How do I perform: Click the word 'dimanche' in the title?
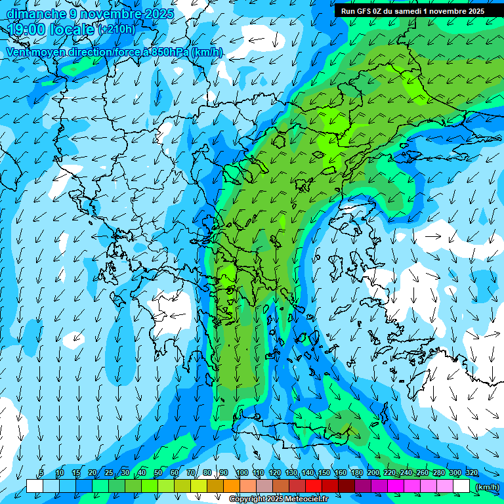pyautogui.click(x=35, y=14)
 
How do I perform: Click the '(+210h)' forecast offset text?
pyautogui.click(x=117, y=30)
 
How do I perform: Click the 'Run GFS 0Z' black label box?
pyautogui.click(x=411, y=11)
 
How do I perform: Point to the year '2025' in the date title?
pyautogui.click(x=157, y=14)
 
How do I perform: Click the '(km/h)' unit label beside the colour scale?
pyautogui.click(x=486, y=486)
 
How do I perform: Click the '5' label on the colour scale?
pyautogui.click(x=41, y=473)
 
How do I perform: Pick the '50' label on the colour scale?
pyautogui.click(x=158, y=473)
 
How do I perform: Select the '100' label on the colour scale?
pyautogui.click(x=241, y=473)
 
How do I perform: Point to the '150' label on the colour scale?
pyautogui.click(x=324, y=473)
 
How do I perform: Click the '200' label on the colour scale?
pyautogui.click(x=373, y=473)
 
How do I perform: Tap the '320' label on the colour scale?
pyautogui.click(x=472, y=473)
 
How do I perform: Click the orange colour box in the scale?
pyautogui.click(x=232, y=486)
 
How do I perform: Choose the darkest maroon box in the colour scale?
pyautogui.click(x=346, y=486)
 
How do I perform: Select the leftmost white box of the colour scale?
pyautogui.click(x=35, y=486)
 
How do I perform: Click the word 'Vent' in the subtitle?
pyautogui.click(x=18, y=52)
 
